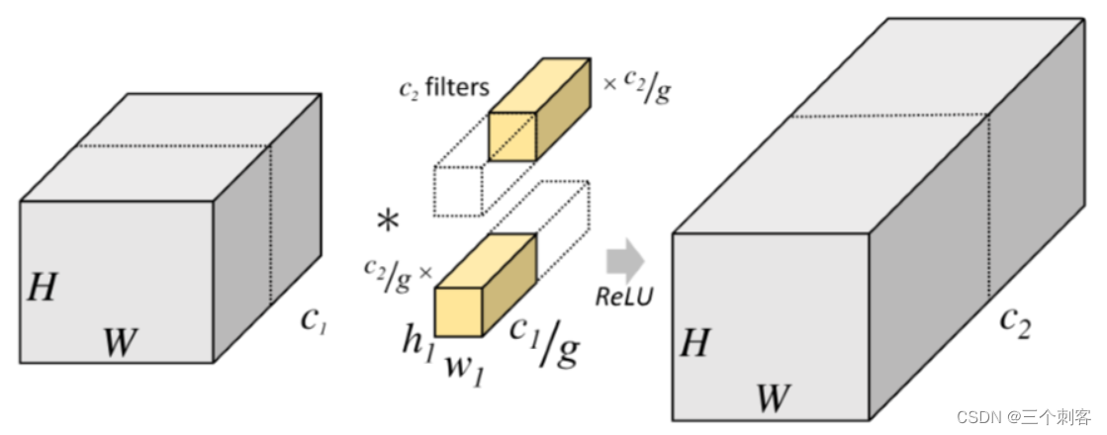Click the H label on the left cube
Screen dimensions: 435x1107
pyautogui.click(x=42, y=288)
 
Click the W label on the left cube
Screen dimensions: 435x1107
pyautogui.click(x=120, y=342)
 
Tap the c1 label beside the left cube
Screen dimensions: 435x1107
pyautogui.click(x=314, y=320)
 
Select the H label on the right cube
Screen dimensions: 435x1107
pyautogui.click(x=694, y=342)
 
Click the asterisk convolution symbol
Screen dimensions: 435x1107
pyautogui.click(x=389, y=221)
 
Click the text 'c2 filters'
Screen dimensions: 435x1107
pyautogui.click(x=444, y=88)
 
